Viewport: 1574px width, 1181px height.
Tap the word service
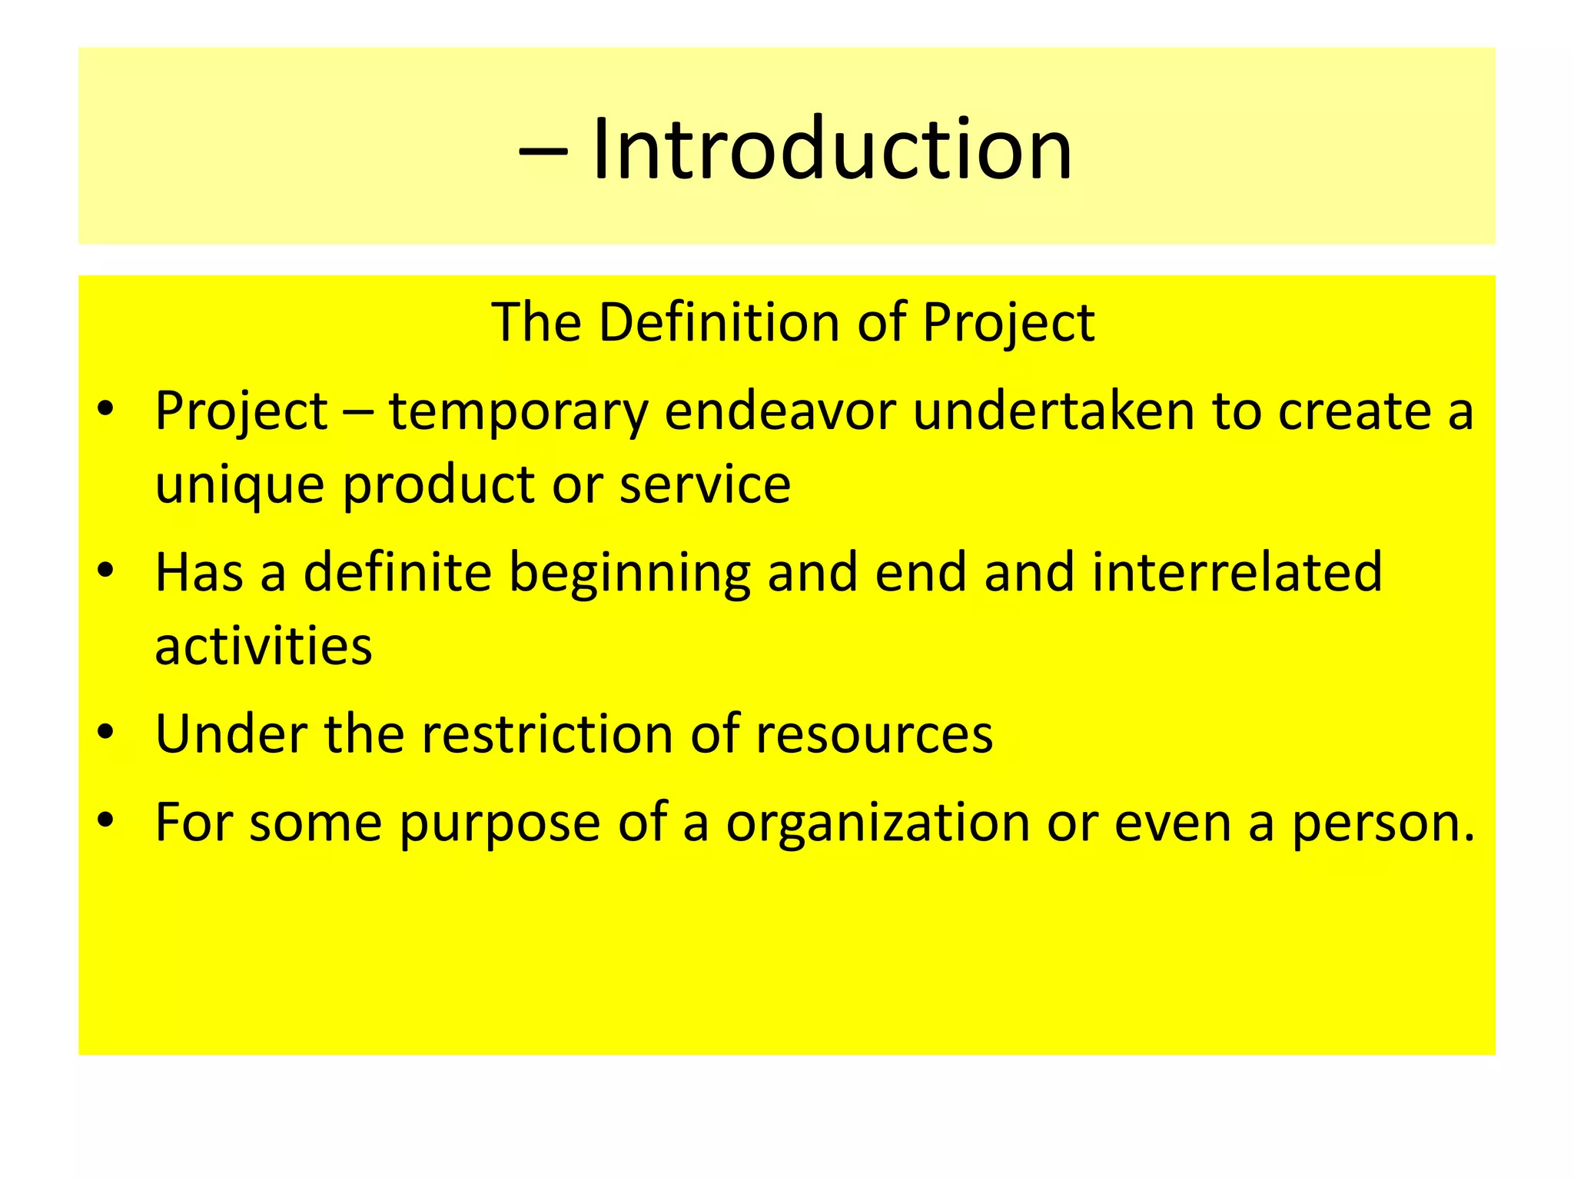click(x=705, y=484)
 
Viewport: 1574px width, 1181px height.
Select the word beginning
click(x=629, y=574)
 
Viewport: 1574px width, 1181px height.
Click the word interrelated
click(x=1237, y=572)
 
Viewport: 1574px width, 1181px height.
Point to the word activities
click(x=264, y=645)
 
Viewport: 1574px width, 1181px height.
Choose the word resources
click(x=874, y=734)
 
